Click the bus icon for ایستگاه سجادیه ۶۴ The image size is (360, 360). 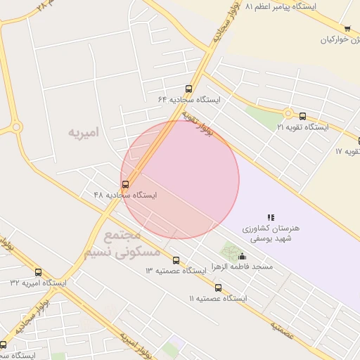(x=188, y=89)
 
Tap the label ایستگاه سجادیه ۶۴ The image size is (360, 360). (x=189, y=100)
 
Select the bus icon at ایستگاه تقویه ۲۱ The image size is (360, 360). (x=302, y=117)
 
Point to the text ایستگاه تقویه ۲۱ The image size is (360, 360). (x=302, y=127)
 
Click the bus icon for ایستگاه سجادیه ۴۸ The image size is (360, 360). (x=126, y=184)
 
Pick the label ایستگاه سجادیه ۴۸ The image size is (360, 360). (x=125, y=194)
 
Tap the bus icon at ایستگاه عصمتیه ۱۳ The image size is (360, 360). (x=176, y=260)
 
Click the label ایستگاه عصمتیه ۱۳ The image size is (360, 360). (x=176, y=270)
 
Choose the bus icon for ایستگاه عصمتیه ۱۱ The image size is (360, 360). (x=218, y=288)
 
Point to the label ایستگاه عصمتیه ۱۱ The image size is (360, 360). (x=219, y=298)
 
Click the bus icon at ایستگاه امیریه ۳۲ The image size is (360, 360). (x=38, y=272)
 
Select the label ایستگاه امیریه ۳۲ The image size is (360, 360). (x=38, y=282)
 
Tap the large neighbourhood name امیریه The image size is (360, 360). (x=84, y=132)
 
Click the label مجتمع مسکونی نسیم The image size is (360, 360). (x=132, y=243)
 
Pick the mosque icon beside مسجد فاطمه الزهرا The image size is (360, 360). (x=243, y=256)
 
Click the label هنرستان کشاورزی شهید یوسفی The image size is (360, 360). (x=271, y=234)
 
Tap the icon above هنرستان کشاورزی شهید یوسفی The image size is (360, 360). (x=271, y=217)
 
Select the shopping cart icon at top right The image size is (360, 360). (x=347, y=29)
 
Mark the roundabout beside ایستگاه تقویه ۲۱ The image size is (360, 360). (x=288, y=114)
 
